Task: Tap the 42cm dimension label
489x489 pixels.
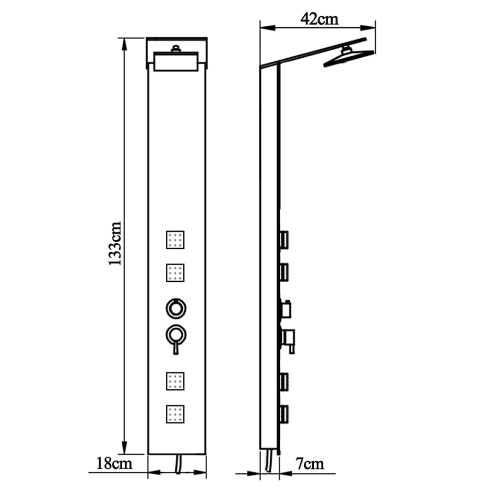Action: (x=319, y=19)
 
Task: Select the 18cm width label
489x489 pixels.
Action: (x=114, y=463)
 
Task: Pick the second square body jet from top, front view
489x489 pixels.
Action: (x=175, y=273)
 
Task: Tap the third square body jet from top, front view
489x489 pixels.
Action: (x=175, y=380)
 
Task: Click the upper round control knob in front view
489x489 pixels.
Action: (x=175, y=307)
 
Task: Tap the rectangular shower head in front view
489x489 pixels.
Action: (x=177, y=62)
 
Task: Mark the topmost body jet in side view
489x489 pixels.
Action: (x=284, y=239)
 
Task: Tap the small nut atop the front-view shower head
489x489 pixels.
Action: (x=177, y=48)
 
